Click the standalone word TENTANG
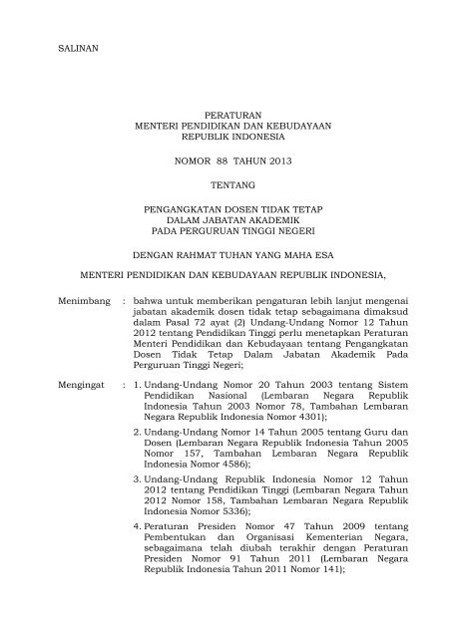pyautogui.click(x=225, y=184)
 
